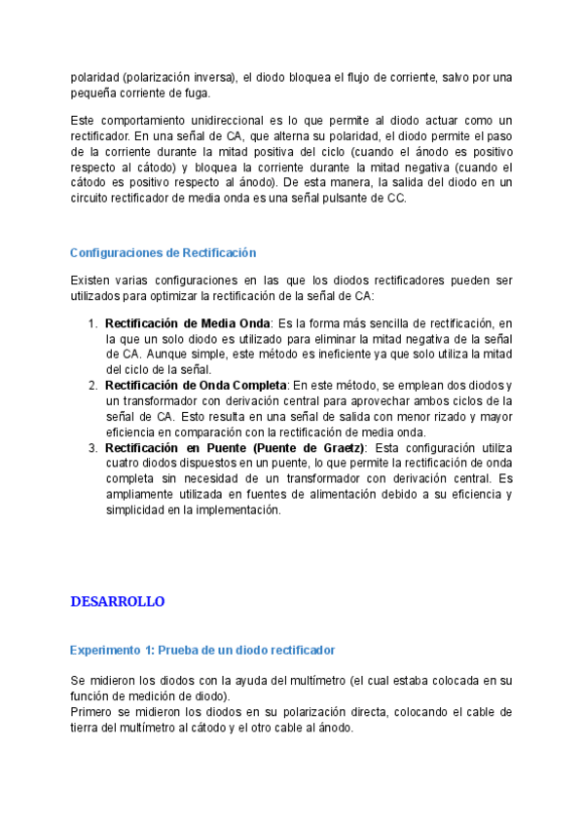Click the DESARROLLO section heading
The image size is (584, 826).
pos(118,601)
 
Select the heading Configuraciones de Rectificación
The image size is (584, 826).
pos(163,252)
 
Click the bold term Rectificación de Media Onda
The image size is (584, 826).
pos(187,322)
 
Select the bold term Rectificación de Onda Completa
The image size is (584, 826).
pos(196,385)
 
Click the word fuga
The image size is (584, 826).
pos(196,93)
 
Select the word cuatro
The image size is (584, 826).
pos(122,463)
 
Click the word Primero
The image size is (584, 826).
pos(91,712)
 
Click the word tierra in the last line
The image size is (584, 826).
pos(85,728)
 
